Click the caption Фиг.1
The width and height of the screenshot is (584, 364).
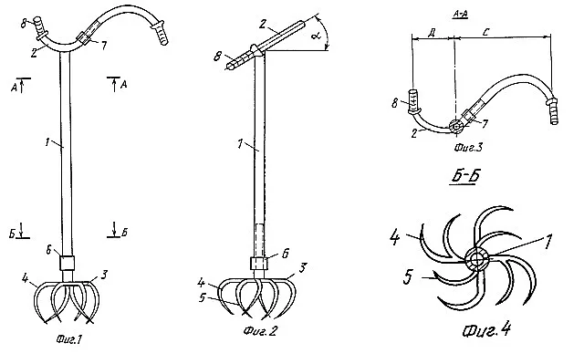pyautogui.click(x=69, y=339)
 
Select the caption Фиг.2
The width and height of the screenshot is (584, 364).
pyautogui.click(x=260, y=330)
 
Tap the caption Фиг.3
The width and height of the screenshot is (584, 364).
pyautogui.click(x=468, y=148)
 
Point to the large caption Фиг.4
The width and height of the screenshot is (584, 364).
pyautogui.click(x=486, y=329)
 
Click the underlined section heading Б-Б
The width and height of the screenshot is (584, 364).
pyautogui.click(x=464, y=176)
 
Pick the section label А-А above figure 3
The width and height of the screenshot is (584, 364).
pyautogui.click(x=461, y=15)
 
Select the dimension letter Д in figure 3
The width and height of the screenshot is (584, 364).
pyautogui.click(x=432, y=33)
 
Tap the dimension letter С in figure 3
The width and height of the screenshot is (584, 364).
pyautogui.click(x=485, y=32)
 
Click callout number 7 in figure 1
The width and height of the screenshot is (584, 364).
pyautogui.click(x=104, y=46)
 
